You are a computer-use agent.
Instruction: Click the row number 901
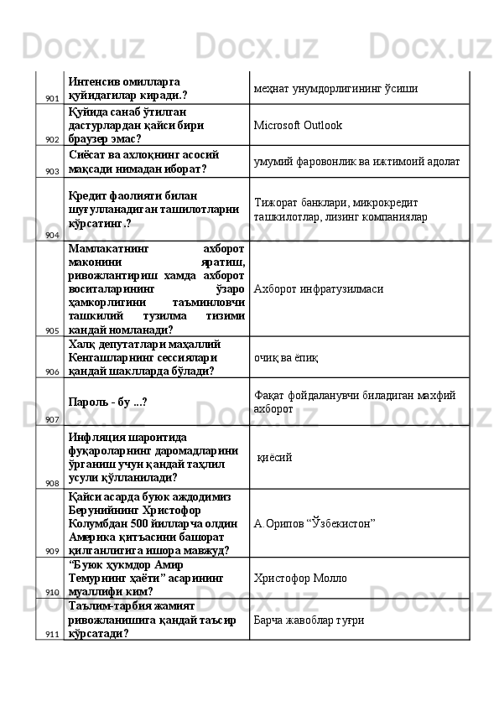point(52,99)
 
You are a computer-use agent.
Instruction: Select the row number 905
point(52,330)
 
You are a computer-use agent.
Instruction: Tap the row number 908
point(52,483)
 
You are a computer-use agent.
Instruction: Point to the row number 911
point(52,634)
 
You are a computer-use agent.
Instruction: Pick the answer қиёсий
point(274,458)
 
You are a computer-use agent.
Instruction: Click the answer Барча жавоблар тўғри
point(309,620)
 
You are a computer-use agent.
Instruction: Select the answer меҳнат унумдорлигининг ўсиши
point(336,88)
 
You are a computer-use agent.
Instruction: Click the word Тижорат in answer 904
point(273,202)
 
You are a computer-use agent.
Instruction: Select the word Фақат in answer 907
point(269,394)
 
